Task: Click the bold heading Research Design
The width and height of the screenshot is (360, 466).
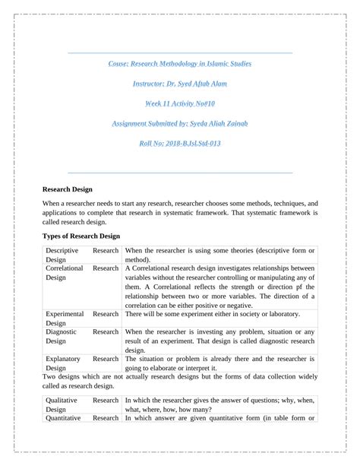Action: click(x=67, y=189)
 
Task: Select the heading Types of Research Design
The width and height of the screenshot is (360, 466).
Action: click(x=81, y=236)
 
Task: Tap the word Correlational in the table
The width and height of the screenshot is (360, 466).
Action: click(x=65, y=268)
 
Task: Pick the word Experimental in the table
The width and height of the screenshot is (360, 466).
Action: click(x=65, y=313)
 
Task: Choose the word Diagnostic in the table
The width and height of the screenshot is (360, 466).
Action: click(x=62, y=331)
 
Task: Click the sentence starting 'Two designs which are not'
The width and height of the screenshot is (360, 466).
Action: click(x=179, y=376)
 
